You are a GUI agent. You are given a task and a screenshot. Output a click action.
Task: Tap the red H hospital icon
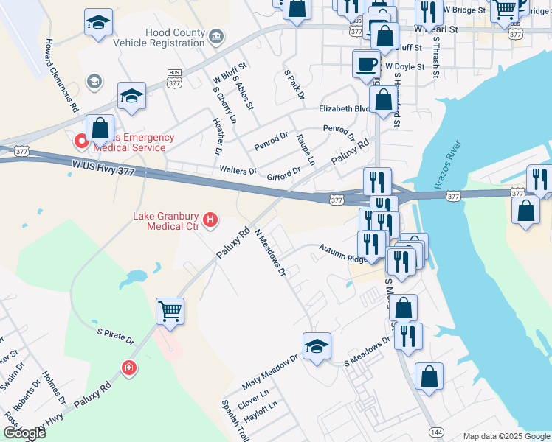point(210,219)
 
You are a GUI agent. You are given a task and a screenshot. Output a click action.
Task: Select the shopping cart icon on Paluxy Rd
point(170,311)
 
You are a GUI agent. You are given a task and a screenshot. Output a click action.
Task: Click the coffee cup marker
point(366,63)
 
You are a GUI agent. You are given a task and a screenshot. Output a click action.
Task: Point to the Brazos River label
point(447,164)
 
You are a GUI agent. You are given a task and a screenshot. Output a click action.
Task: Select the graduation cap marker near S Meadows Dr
point(317,345)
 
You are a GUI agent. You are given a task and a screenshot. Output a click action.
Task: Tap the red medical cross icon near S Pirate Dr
point(129,367)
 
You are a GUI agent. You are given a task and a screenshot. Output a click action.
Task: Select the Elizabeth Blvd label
point(344,108)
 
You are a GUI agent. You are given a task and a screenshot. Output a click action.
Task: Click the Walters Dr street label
point(238,171)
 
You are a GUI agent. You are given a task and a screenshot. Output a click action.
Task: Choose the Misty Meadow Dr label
point(269,374)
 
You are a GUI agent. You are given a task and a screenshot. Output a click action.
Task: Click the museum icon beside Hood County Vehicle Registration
point(215,35)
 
